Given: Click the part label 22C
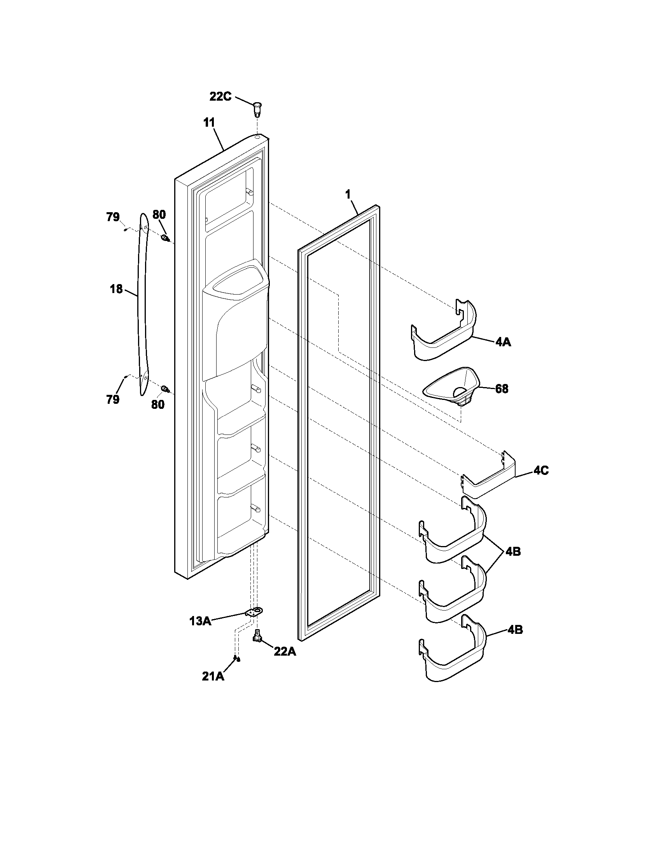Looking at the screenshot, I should (x=220, y=96).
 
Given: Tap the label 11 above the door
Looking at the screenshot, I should (x=209, y=122).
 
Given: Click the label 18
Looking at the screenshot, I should (x=116, y=289).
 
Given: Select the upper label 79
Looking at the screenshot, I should (x=113, y=216).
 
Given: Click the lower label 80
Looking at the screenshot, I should (x=158, y=405).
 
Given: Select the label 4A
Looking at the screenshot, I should (x=503, y=342).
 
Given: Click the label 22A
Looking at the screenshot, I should (x=285, y=652).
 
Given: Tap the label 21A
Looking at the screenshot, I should (x=213, y=677).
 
